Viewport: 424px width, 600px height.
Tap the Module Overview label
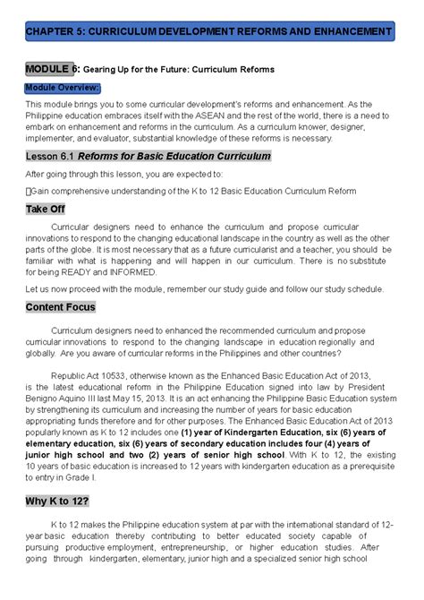point(62,87)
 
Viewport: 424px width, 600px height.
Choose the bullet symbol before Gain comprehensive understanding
point(29,191)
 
